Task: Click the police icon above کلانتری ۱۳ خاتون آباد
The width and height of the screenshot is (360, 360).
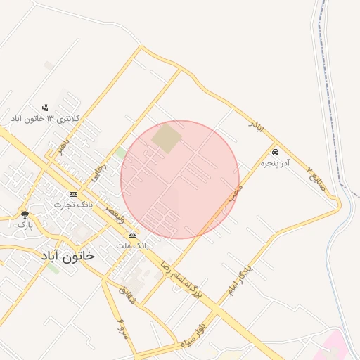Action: pyautogui.click(x=46, y=108)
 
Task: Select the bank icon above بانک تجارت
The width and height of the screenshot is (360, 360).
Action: pyautogui.click(x=73, y=194)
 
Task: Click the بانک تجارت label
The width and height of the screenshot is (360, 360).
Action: pyautogui.click(x=74, y=205)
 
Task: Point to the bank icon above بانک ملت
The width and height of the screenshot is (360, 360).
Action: pyautogui.click(x=132, y=235)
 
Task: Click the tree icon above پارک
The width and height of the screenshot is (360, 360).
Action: pyautogui.click(x=25, y=214)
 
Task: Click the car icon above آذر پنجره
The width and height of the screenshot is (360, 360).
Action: pyautogui.click(x=275, y=152)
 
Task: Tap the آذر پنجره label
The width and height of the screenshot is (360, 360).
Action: pyautogui.click(x=275, y=163)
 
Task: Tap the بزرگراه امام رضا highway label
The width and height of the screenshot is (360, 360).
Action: pyautogui.click(x=181, y=277)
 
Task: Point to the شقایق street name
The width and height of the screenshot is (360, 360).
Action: pyautogui.click(x=129, y=293)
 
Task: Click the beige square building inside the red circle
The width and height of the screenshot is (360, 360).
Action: pyautogui.click(x=167, y=138)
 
